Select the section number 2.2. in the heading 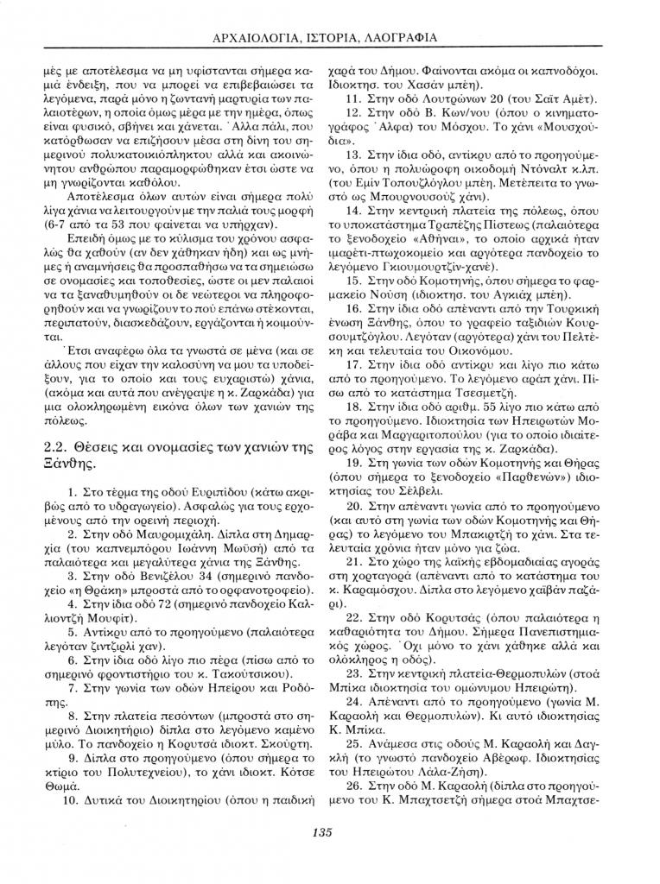tap(58, 445)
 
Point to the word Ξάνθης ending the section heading tap(70, 462)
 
